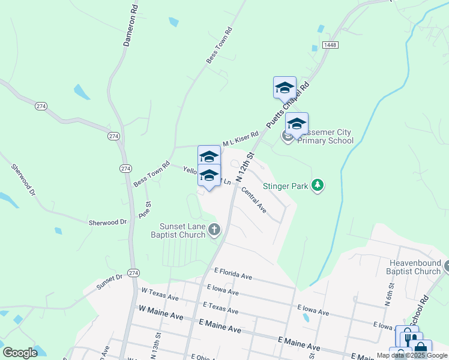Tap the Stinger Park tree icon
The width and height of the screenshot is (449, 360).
click(318, 186)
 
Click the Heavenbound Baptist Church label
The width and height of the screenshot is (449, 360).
click(414, 268)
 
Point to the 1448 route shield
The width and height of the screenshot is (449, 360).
click(329, 45)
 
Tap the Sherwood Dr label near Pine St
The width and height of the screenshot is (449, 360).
click(108, 222)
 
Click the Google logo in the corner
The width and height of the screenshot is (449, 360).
click(20, 352)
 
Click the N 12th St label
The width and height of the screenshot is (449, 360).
click(246, 168)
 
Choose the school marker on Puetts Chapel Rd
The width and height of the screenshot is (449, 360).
click(284, 88)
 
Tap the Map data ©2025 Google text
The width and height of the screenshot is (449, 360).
click(412, 355)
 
